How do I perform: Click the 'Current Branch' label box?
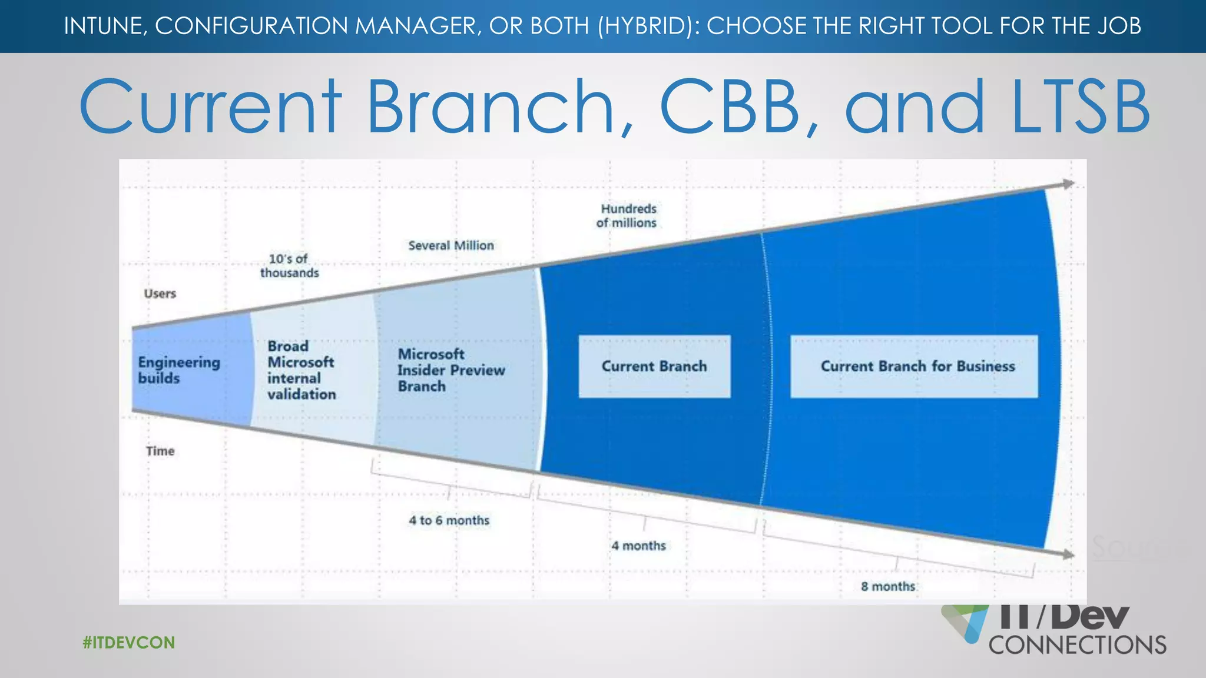click(654, 366)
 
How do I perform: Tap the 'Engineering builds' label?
click(178, 370)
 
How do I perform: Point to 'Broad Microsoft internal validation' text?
click(301, 370)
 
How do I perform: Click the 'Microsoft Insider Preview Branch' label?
click(450, 370)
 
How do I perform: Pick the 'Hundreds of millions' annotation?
click(627, 216)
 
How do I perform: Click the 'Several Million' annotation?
click(451, 245)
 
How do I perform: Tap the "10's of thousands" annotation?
click(289, 266)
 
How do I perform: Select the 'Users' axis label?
click(160, 294)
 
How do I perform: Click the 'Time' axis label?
click(160, 451)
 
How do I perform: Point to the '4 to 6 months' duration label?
click(449, 520)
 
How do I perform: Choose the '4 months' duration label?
click(638, 546)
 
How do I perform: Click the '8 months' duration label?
click(888, 586)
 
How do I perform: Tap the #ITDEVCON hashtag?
click(129, 642)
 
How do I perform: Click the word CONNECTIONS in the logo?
click(1077, 645)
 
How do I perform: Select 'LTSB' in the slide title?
click(1080, 107)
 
